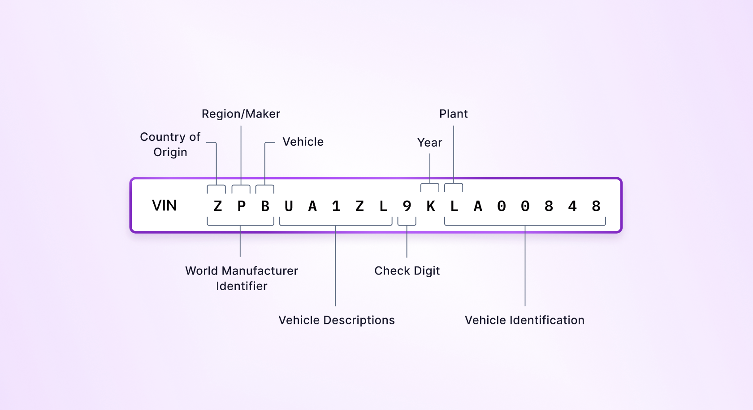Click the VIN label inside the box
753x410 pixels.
pos(164,205)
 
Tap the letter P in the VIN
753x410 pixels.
pos(242,206)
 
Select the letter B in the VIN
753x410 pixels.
pos(265,206)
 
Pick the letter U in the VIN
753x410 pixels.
pos(289,206)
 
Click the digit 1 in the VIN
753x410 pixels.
pos(336,206)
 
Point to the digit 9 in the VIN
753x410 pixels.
pos(407,206)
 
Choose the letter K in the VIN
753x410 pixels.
pos(431,206)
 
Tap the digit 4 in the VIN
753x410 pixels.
pos(572,206)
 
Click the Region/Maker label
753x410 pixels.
pos(241,114)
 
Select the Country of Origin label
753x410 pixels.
pos(170,144)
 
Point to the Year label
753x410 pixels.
pos(429,143)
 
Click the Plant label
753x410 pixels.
pos(453,114)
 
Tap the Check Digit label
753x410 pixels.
pos(407,271)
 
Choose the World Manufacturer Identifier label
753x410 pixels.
pos(242,278)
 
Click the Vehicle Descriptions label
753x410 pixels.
pos(337,320)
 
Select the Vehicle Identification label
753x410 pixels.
pos(524,320)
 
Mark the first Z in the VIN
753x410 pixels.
pos(218,206)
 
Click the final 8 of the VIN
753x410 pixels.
pos(596,206)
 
